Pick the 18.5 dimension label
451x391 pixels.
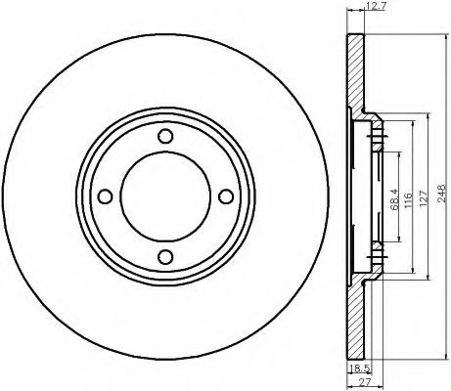[x=359, y=369]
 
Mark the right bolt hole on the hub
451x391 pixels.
[x=226, y=196]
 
